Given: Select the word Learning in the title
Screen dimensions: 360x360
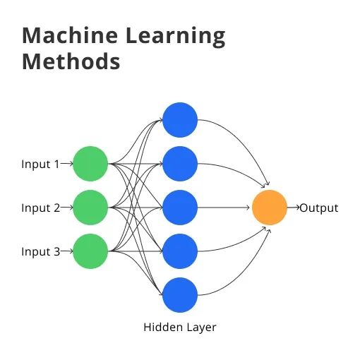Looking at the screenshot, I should pos(173,36).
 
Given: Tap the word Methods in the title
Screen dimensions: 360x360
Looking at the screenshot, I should pos(71,61).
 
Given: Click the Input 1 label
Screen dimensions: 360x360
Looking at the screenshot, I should pos(40,164).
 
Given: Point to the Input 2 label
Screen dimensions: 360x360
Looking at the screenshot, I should pos(40,208).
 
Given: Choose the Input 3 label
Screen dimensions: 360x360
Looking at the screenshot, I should pos(40,252).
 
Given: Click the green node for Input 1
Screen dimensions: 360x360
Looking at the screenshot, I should pos(90,164).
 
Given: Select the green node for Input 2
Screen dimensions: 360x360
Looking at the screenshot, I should pos(90,208).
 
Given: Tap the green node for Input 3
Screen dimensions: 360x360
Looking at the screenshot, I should pos(90,251).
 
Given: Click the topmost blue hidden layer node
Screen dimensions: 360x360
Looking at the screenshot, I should pos(180,120).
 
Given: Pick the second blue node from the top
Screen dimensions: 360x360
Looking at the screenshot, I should pos(180,164).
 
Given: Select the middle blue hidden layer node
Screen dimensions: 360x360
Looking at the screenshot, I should pos(180,208).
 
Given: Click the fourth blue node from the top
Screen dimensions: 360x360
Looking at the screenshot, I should pos(180,251).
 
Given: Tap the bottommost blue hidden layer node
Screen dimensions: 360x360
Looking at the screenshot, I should pos(180,295).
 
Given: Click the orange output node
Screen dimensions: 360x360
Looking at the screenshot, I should pos(270,208).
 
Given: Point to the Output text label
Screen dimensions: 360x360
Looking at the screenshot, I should pos(319,208).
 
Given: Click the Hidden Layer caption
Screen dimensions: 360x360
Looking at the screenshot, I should pos(180,328).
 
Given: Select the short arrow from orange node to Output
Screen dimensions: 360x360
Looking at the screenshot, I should pos(293,208).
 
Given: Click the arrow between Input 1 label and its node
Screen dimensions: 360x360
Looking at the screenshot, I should pos(67,164).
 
